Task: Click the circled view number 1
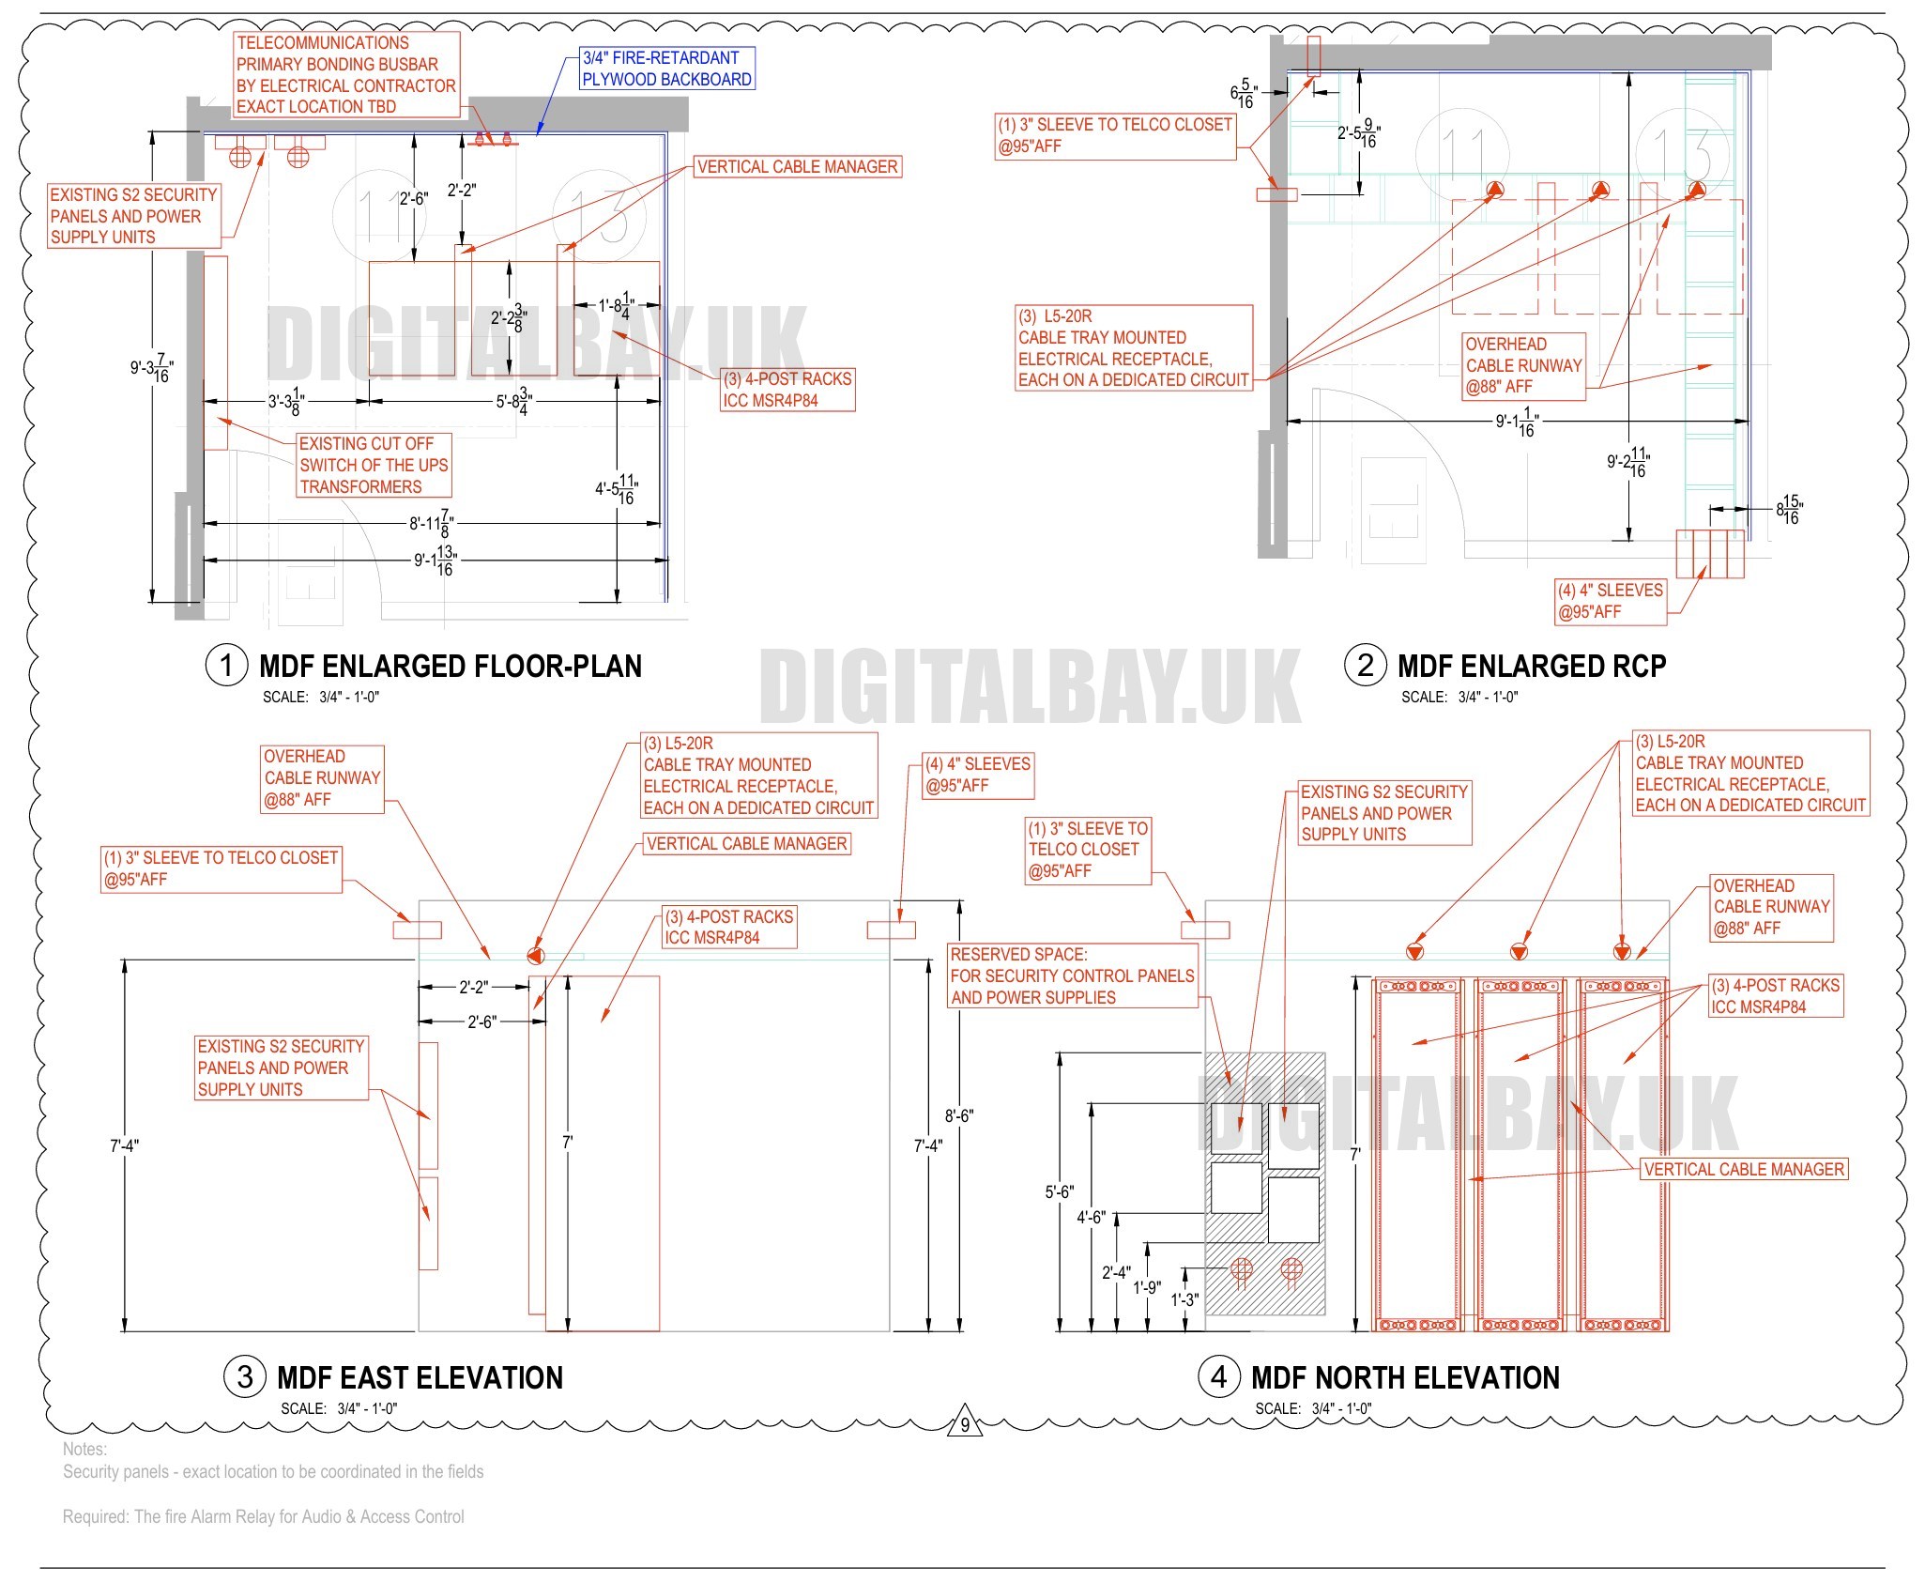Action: [x=225, y=666]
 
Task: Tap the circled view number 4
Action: [x=1218, y=1377]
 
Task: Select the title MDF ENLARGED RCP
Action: [x=1532, y=667]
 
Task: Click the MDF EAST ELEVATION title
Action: [x=420, y=1378]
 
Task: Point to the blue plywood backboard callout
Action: [x=666, y=69]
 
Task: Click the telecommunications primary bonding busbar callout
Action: [x=346, y=74]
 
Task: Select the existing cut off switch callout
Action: [x=374, y=465]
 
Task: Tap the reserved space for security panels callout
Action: [x=1072, y=975]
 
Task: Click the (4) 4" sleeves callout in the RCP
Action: [x=1610, y=601]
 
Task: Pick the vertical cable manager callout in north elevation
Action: [x=1744, y=1169]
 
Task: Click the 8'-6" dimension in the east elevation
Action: [x=959, y=1115]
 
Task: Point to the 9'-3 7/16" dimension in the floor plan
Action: [x=151, y=368]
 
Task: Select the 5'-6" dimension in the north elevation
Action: [x=1059, y=1191]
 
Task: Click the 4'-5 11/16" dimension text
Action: [x=617, y=489]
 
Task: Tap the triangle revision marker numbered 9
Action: [x=965, y=1423]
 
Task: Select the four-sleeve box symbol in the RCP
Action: [x=1710, y=554]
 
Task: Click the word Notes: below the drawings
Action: [x=85, y=1449]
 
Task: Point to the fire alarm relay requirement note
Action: [x=264, y=1516]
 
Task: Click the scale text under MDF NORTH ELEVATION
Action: [x=1313, y=1408]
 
